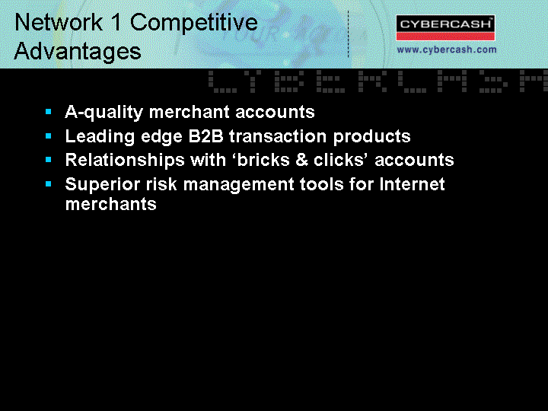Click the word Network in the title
tap(59, 22)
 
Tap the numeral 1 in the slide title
tap(116, 22)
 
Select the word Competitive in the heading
tap(194, 23)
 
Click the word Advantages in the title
tap(78, 52)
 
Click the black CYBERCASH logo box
tap(445, 24)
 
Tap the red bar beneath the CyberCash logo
tap(445, 37)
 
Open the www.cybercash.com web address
tap(447, 49)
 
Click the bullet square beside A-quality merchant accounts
tap(49, 112)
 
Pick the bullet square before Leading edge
tap(49, 136)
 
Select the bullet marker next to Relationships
tap(49, 160)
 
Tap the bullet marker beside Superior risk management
tap(49, 184)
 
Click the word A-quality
tap(104, 113)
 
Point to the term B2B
tap(205, 136)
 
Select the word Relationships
tap(125, 161)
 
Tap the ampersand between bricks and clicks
tap(301, 160)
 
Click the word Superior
tap(103, 184)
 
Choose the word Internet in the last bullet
tap(412, 184)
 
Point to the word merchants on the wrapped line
tap(111, 204)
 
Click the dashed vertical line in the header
tap(348, 34)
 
